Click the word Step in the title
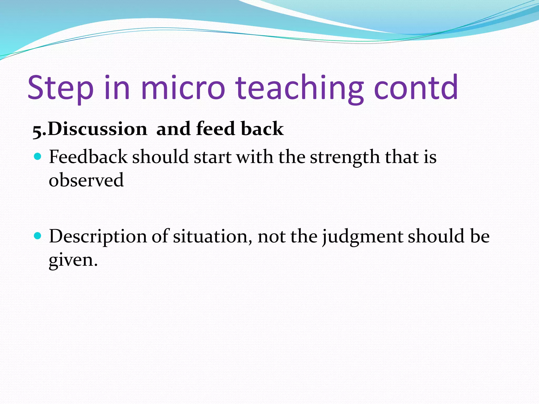(61, 88)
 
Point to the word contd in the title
(416, 88)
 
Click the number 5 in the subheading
(37, 131)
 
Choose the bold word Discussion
(97, 129)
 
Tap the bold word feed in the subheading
(215, 129)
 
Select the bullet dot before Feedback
(38, 157)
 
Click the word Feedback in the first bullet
(88, 157)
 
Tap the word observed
(86, 180)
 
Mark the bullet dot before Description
(38, 236)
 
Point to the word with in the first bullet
(254, 157)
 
